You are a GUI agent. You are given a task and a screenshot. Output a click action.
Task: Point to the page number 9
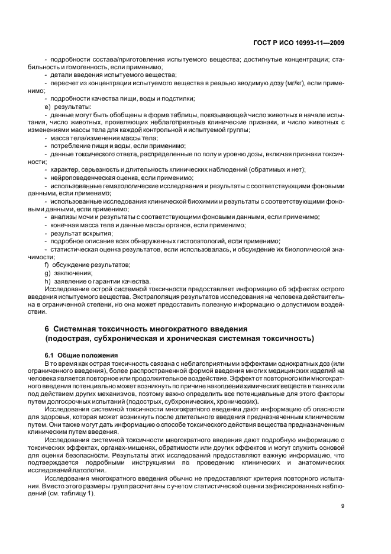[x=343, y=505]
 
